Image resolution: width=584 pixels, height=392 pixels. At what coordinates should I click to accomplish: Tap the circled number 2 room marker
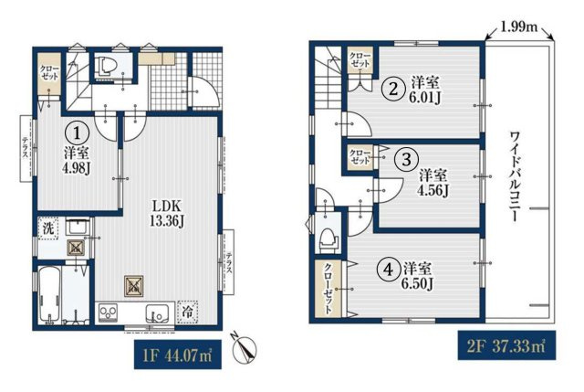393,90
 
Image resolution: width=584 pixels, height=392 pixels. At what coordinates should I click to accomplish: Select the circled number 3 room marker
406,159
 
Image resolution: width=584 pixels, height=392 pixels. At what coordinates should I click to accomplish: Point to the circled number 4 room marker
388,269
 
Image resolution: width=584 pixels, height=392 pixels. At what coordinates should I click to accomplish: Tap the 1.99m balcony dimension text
519,26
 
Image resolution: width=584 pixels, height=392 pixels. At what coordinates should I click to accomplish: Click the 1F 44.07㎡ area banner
178,355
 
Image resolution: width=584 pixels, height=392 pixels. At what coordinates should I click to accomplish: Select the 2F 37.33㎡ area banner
507,345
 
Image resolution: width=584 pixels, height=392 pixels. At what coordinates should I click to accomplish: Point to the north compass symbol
244,348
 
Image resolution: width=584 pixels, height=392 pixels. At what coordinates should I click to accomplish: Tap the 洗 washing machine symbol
48,228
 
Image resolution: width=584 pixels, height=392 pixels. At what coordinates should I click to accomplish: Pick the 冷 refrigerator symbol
188,312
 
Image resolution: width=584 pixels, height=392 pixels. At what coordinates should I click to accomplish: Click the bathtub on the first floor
49,294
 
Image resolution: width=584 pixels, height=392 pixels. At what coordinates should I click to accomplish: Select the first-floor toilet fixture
107,67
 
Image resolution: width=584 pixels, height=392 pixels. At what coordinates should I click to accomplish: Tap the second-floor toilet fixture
328,239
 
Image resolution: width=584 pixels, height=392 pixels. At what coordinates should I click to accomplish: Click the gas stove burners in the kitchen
109,313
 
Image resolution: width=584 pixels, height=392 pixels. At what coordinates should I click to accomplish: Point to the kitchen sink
158,313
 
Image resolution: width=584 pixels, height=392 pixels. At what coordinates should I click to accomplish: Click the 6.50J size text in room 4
417,284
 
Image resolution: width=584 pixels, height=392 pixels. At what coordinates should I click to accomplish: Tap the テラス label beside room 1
26,148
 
